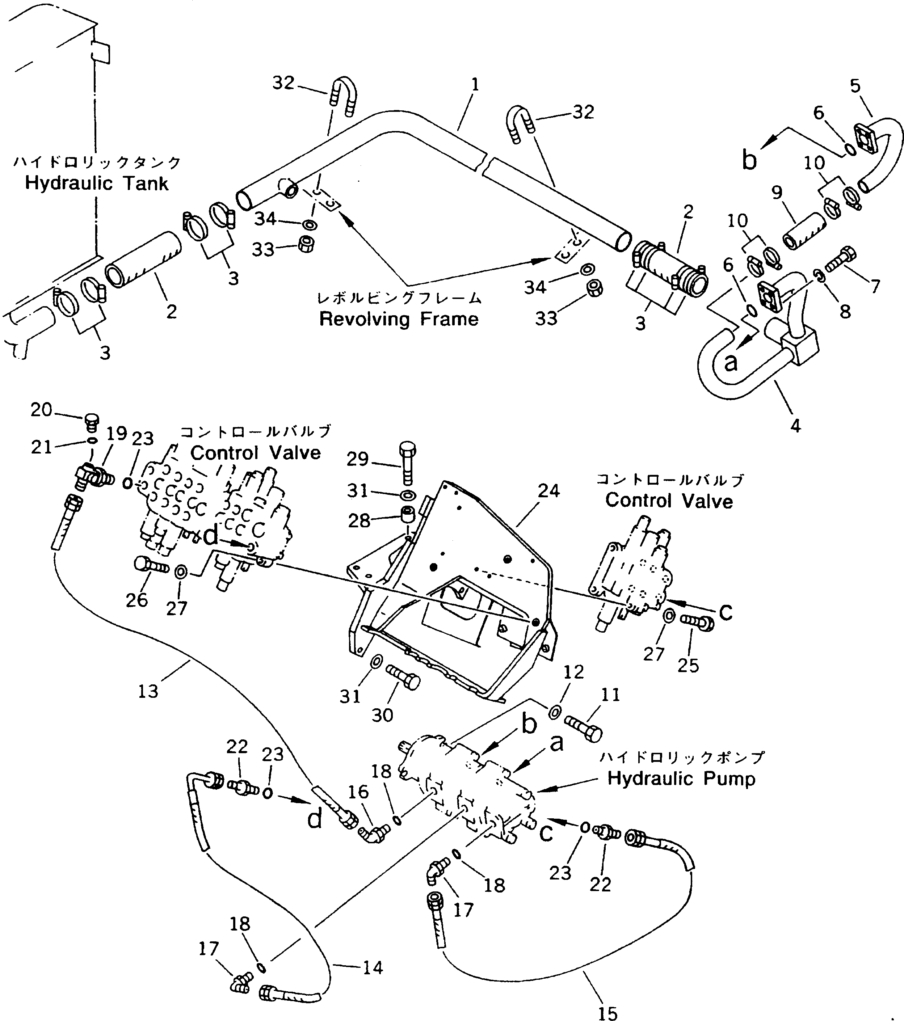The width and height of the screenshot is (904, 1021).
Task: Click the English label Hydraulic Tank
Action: pos(96,183)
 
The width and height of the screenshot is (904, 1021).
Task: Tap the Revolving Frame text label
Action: pos(399,319)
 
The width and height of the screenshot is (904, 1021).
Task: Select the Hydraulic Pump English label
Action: pos(681,778)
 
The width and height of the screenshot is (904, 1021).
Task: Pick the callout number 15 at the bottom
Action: pos(607,1013)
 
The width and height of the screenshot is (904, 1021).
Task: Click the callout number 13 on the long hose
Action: pos(148,691)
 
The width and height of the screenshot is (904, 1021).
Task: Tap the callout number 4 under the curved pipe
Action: pos(795,426)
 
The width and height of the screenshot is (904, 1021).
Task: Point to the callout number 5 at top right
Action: pos(855,86)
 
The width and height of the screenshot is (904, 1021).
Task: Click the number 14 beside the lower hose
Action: pos(373,967)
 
